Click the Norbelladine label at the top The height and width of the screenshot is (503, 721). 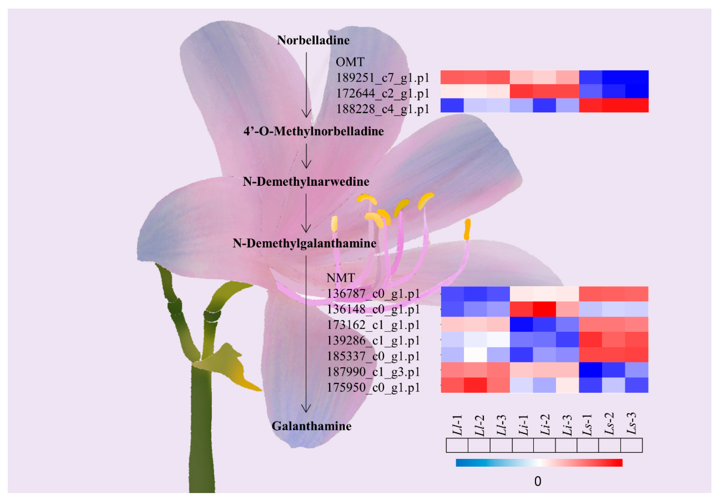click(313, 40)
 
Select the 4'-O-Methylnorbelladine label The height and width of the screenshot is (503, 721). click(313, 131)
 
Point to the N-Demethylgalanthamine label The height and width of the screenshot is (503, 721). click(304, 243)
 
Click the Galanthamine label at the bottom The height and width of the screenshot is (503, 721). click(311, 426)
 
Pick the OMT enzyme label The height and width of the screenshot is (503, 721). click(350, 62)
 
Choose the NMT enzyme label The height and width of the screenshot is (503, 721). click(341, 278)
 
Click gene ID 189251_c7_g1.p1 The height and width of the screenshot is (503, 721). click(382, 78)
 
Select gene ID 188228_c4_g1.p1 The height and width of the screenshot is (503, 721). click(382, 109)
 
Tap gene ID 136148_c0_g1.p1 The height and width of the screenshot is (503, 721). click(373, 309)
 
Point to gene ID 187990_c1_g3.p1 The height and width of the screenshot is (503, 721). click(373, 372)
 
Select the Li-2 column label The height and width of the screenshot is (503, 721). click(545, 425)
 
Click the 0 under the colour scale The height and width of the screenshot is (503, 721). click(538, 481)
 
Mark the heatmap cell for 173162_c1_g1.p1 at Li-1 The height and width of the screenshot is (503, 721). click(521, 324)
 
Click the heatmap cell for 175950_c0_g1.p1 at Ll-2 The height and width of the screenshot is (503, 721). click(475, 385)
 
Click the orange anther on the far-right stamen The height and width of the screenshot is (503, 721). click(467, 229)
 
